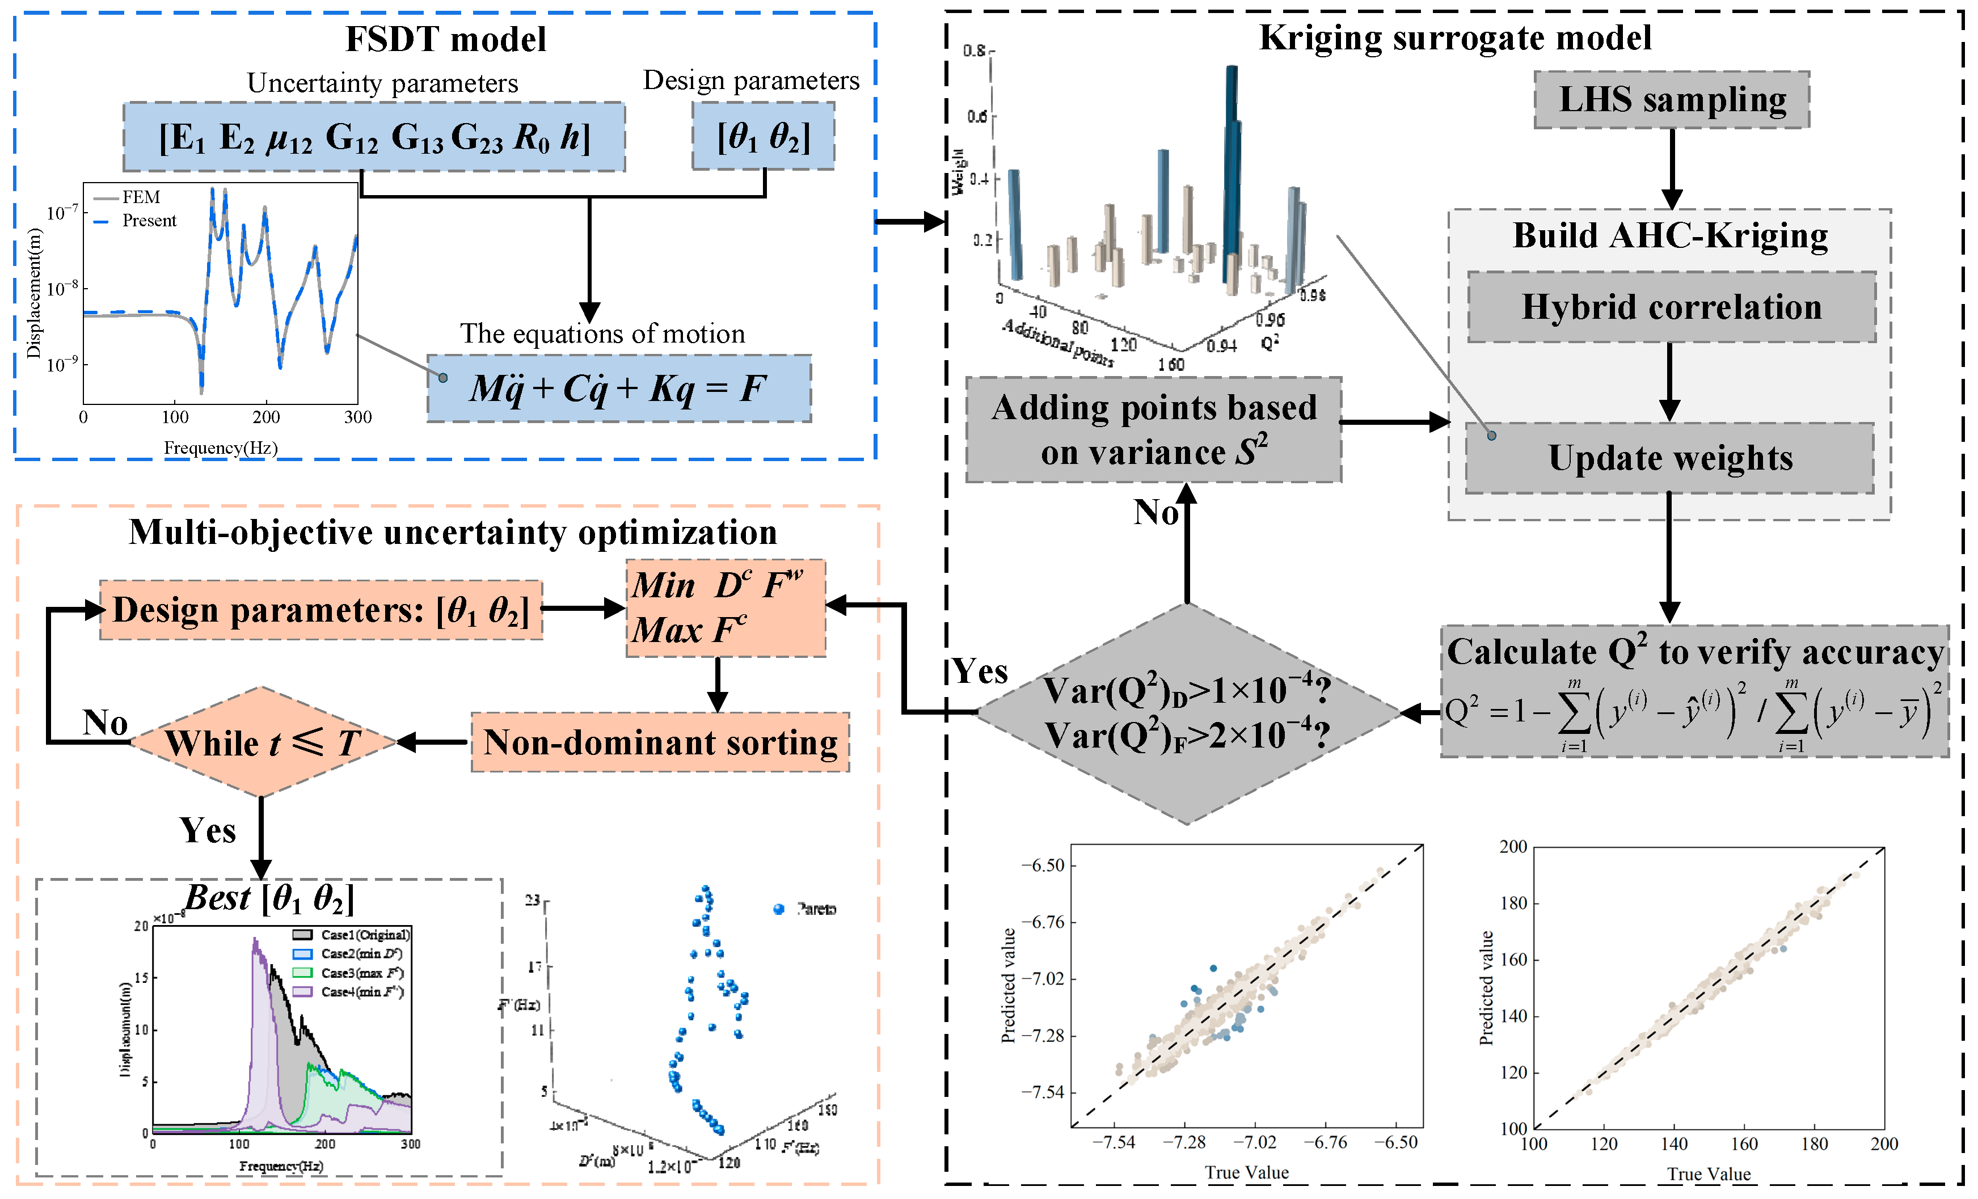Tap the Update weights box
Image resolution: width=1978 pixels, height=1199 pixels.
click(1670, 458)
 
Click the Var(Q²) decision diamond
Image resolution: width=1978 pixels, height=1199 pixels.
click(1187, 713)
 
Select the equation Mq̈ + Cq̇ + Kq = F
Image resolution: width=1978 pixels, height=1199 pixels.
click(619, 389)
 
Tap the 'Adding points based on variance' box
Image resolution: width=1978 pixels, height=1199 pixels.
click(1154, 429)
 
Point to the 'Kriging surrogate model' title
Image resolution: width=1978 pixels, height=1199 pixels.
click(1454, 38)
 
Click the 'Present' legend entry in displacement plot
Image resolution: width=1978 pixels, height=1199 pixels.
click(149, 221)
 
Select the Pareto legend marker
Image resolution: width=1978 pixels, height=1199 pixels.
click(778, 909)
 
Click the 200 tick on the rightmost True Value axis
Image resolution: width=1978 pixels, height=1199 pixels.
click(1883, 1145)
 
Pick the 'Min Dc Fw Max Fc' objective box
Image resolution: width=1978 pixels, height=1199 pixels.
click(725, 607)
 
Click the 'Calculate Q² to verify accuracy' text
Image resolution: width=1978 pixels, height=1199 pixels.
click(1694, 652)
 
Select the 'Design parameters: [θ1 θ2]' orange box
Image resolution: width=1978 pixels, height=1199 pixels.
click(321, 610)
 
